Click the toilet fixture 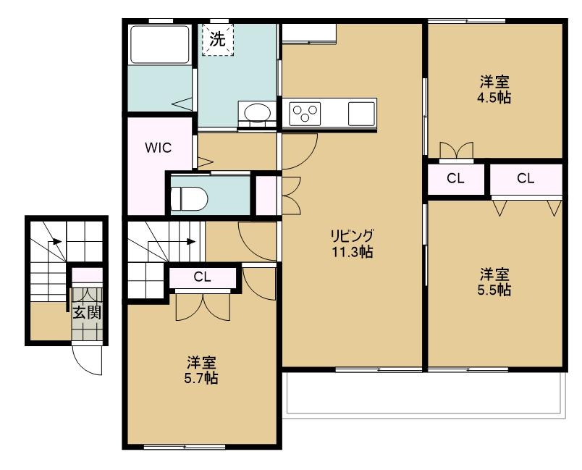click(190, 198)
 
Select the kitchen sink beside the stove click(361, 114)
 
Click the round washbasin click(257, 112)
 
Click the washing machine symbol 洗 click(217, 39)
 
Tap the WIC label click(159, 148)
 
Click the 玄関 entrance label click(87, 313)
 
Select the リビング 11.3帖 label click(353, 243)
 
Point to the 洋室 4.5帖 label click(494, 90)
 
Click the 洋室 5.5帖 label click(494, 282)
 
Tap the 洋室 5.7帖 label click(201, 370)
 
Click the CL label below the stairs click(202, 277)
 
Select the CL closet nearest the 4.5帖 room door click(455, 179)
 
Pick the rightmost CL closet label click(526, 179)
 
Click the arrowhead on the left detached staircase click(57, 242)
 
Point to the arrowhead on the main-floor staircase click(191, 242)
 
